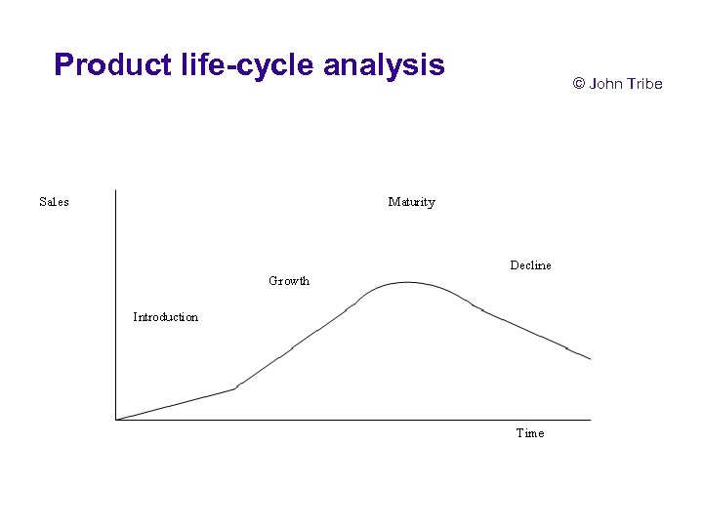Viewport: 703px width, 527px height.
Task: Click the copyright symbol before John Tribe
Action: tap(578, 84)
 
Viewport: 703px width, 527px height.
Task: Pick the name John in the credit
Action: tap(606, 84)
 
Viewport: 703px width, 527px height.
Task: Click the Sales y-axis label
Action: tap(54, 202)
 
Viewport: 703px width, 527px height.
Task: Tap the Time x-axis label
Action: tap(530, 433)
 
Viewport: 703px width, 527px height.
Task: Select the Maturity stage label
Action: tap(411, 202)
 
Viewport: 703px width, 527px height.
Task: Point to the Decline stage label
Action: tap(530, 265)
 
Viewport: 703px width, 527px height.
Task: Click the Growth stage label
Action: tap(289, 281)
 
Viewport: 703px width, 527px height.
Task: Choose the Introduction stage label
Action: tap(165, 317)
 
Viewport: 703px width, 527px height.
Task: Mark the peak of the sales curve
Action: tap(406, 282)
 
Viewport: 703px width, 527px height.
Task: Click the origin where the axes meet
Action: tap(115, 420)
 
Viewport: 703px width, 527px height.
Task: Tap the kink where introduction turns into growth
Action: tap(236, 388)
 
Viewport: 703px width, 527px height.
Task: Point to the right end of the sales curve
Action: tap(591, 359)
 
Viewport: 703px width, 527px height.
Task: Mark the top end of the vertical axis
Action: tap(115, 189)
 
